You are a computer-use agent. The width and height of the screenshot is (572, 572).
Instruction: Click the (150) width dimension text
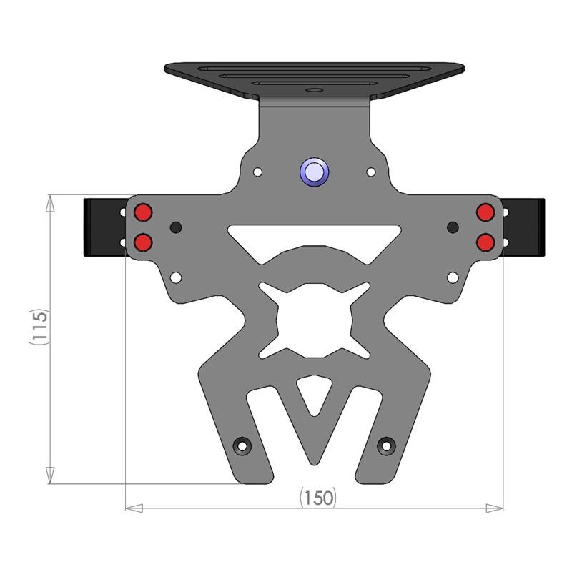point(317,498)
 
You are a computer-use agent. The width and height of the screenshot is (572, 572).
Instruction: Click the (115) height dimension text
point(39,327)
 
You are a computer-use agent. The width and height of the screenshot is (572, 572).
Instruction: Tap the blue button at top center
point(314,172)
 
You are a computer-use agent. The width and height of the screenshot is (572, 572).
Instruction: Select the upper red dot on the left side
point(143,212)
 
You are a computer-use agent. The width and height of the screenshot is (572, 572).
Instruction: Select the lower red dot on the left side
point(143,242)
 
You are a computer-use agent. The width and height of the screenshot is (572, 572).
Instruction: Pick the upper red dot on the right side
point(486,212)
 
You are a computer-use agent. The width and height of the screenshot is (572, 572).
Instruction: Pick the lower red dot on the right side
point(486,242)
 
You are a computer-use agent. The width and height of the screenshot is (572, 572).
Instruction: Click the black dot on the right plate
point(453,227)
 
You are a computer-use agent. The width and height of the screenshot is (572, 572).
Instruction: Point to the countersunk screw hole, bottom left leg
point(243,446)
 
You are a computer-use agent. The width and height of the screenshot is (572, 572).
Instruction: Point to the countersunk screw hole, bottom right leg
point(386,446)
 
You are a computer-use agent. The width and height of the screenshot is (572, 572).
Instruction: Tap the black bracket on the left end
point(100,227)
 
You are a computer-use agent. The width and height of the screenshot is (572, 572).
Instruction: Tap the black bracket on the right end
point(529,227)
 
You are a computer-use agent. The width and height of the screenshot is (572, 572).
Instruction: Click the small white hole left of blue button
point(258,172)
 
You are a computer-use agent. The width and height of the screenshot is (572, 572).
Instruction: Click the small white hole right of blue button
point(370,172)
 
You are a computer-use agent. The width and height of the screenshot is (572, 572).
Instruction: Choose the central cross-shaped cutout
point(315,320)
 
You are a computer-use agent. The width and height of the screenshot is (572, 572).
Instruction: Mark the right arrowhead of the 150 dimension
point(495,508)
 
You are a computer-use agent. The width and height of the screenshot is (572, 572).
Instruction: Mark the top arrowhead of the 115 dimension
point(49,203)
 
